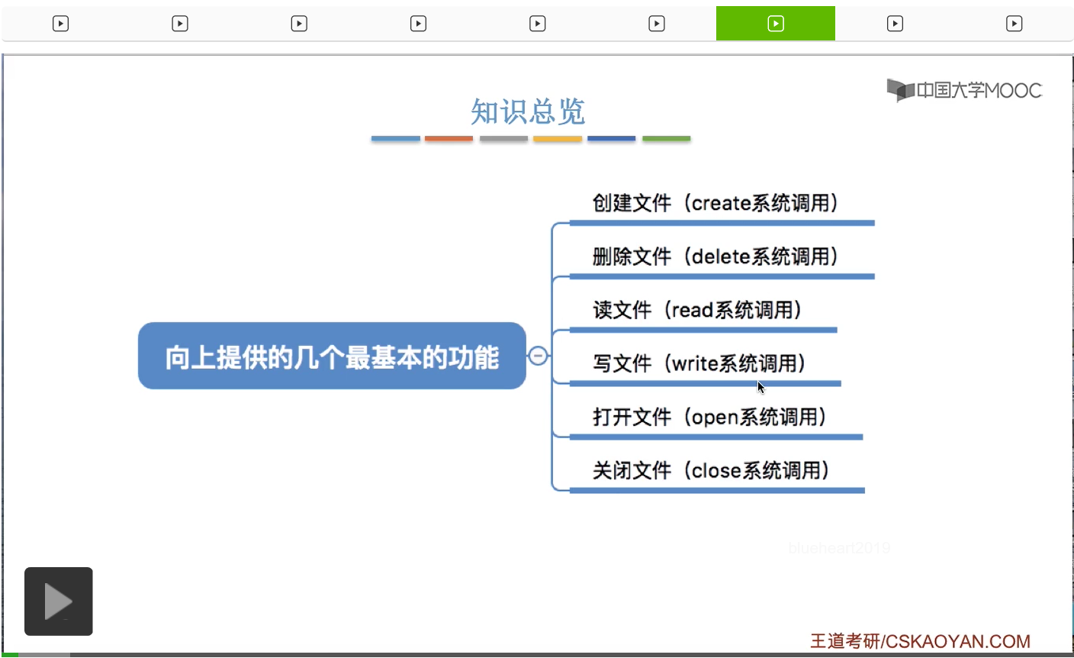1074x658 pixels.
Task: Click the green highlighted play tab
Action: (775, 23)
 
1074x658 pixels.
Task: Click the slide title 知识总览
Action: (528, 111)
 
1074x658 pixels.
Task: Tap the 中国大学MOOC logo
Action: (964, 90)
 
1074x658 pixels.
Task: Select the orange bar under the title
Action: (449, 139)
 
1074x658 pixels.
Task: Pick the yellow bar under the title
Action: (558, 139)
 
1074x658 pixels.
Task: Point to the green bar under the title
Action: (667, 139)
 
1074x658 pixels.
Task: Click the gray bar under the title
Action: (503, 139)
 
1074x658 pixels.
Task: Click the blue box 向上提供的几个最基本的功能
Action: (332, 356)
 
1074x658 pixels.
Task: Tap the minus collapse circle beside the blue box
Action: (538, 356)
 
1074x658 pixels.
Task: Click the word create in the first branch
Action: (721, 204)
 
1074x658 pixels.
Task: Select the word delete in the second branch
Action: (721, 256)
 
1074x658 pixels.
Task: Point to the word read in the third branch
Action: (693, 310)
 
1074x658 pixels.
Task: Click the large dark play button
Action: (59, 602)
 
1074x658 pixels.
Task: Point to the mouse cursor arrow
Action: (761, 387)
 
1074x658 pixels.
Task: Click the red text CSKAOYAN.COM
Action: (957, 641)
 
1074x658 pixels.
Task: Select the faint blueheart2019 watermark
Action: (839, 547)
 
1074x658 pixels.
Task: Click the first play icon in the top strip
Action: (60, 24)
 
